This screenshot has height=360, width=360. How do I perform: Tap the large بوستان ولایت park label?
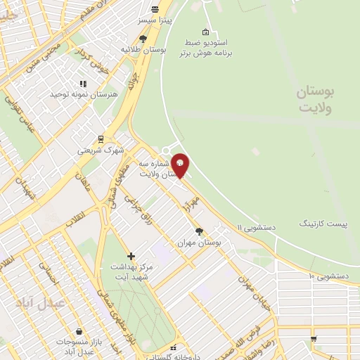click(x=314, y=99)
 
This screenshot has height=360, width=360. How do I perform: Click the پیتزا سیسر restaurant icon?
click(x=155, y=8)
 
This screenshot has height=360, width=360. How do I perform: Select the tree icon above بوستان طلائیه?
click(x=143, y=39)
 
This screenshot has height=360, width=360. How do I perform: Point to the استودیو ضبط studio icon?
click(x=205, y=32)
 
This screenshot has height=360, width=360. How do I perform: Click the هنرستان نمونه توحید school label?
click(x=78, y=94)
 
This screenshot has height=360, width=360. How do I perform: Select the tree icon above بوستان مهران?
click(x=200, y=231)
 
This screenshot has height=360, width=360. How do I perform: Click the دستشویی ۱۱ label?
click(x=256, y=227)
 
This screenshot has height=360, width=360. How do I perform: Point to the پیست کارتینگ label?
click(x=323, y=224)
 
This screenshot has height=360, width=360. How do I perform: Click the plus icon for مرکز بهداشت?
click(x=131, y=256)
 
